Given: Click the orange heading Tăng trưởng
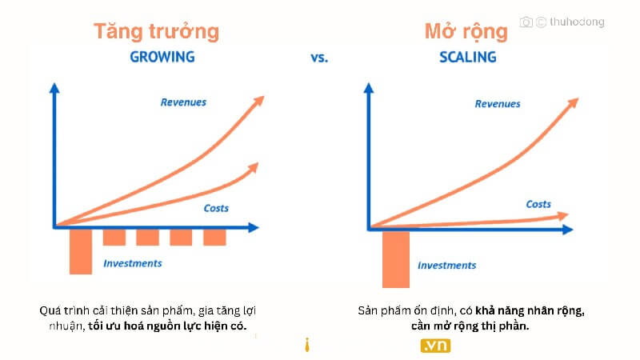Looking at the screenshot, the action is pos(156,31).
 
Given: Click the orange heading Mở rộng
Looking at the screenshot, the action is pos(466,31).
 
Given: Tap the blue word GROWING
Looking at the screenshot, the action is pos(162,57).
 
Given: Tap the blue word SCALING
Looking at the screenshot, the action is pos(468,57).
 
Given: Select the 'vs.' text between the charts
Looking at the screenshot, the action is pos(319,58).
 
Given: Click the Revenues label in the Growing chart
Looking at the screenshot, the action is pos(183,102).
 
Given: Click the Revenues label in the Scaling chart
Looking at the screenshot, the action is pos(498,104).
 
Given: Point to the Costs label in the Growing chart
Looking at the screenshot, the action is pos(216,208).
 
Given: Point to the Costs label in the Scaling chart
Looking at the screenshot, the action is pos(538,204).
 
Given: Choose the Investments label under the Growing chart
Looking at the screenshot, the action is pos(133,263).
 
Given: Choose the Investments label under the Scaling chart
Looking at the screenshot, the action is pos(447,266).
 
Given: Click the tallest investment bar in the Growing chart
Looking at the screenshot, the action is pos(81,251).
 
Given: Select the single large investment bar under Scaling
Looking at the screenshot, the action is pos(396,259).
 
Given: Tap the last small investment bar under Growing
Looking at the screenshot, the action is pos(214,237).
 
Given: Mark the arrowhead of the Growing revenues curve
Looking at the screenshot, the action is pos(259,101).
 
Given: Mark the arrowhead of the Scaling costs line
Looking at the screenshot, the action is pos(563,215).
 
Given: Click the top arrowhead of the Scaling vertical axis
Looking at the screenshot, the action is pos(369,87).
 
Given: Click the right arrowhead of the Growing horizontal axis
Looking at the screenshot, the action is pos(254,228).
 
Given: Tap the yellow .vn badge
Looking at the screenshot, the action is pos(435,346).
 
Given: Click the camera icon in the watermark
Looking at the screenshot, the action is pos(526,22).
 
